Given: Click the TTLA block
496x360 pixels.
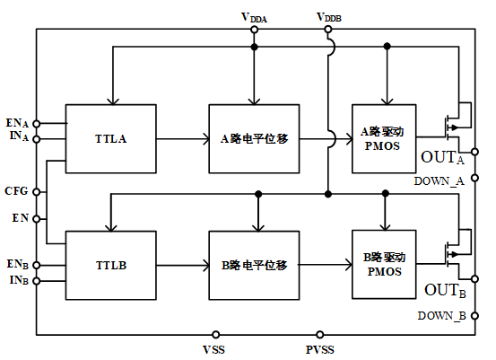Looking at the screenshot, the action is coord(110,138).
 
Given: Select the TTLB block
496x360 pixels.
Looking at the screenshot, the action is coord(110,266).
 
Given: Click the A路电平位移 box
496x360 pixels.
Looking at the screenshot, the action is coord(254,138).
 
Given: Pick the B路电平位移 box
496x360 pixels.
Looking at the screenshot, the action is coord(254,266).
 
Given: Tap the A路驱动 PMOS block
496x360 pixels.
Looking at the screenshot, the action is coord(384,138).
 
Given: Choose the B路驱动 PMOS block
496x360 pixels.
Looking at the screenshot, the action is coord(384,264).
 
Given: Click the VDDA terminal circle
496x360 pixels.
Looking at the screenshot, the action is coord(254,30).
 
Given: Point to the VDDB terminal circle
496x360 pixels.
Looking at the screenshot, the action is coord(328,30).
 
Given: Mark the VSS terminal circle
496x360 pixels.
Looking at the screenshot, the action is coord(216,334).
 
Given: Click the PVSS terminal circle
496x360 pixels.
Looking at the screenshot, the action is coord(320,334).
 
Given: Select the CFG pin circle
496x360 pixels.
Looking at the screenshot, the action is coord(37,192).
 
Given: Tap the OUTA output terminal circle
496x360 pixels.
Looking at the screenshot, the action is coord(474,152).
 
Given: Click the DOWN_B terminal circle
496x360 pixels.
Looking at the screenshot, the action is coord(474,316).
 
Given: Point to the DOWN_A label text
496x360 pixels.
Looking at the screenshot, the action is coord(439,181).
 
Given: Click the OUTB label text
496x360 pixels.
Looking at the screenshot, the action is coord(445,290).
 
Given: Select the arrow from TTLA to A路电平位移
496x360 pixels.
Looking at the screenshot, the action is coord(183,138).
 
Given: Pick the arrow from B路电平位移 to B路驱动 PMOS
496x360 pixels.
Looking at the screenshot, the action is coord(326,265).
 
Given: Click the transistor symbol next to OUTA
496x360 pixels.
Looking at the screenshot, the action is coord(457,127).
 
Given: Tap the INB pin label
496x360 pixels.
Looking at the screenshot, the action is coord(19,280).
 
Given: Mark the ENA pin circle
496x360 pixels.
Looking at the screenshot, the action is coord(37,124).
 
